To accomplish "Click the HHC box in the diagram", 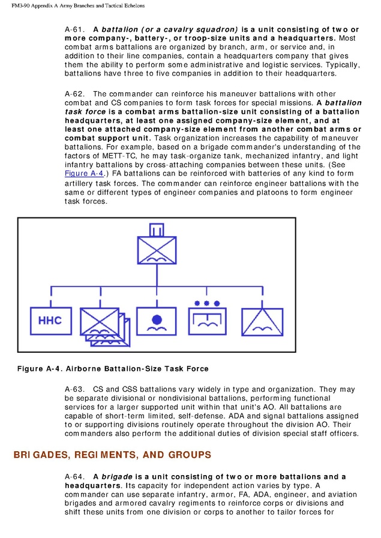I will click(50, 321).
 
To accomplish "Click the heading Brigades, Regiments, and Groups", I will click(112, 455).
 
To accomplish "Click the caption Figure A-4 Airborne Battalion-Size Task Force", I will click(112, 368).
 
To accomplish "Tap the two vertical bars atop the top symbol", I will click(157, 230).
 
